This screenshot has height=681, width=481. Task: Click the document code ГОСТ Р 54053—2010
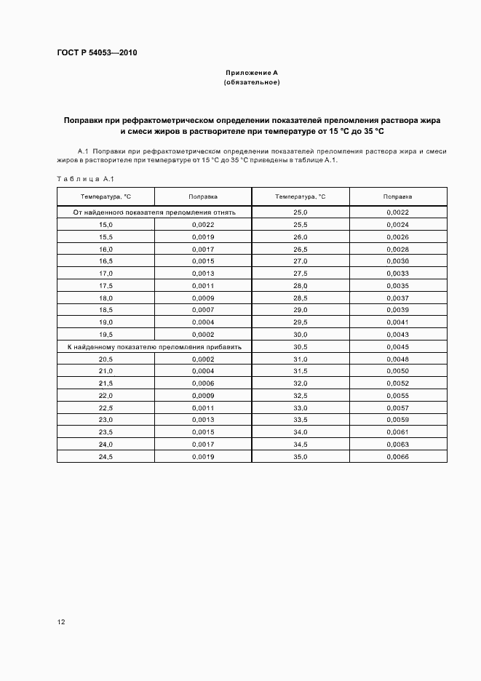coord(97,53)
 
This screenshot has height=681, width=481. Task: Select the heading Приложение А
coord(252,73)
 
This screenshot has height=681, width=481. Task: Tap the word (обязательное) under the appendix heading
coord(252,82)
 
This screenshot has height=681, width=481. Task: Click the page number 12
coord(61,622)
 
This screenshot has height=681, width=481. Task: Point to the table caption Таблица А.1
coord(81,179)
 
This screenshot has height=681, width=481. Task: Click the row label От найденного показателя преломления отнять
coord(154,212)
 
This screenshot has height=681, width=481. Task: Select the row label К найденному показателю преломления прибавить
coord(154,347)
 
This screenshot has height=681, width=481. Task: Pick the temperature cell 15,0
coord(106,225)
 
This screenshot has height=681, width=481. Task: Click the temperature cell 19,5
coord(106,334)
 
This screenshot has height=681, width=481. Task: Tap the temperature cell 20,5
coord(106,359)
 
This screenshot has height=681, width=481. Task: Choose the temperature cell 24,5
coord(106,456)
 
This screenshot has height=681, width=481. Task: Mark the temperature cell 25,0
coord(301,212)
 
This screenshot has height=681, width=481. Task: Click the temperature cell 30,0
coord(301,334)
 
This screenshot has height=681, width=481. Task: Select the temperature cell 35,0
coord(301,456)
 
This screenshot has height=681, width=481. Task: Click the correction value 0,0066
coord(398,456)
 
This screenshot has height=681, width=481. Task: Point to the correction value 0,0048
coord(398,359)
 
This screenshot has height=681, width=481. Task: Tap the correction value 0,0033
coord(398,274)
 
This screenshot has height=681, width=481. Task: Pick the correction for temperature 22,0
coord(203,396)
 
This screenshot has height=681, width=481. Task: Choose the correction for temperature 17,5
coord(203,286)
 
